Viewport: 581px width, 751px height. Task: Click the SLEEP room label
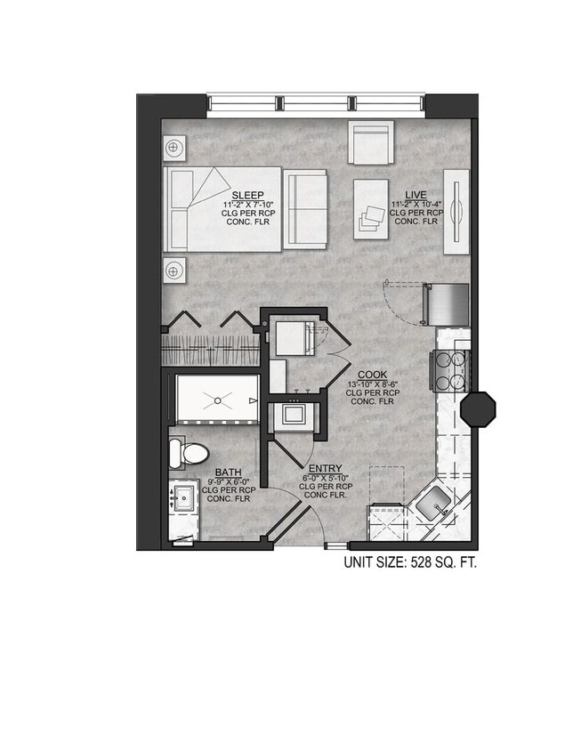(x=247, y=195)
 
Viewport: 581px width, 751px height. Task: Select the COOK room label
(x=371, y=375)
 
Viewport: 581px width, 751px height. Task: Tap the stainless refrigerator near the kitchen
(x=442, y=304)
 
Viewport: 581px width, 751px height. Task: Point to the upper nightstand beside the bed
(x=174, y=147)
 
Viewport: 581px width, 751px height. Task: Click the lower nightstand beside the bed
(x=174, y=269)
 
